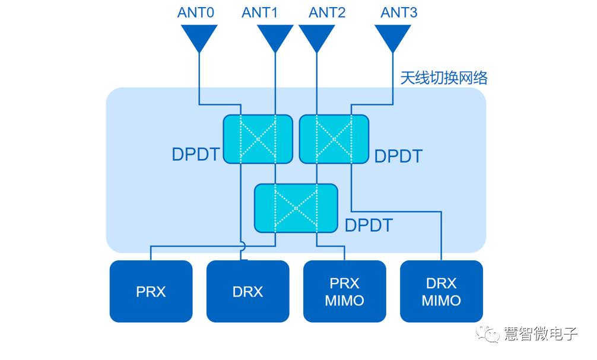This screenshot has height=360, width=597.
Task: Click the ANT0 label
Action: [x=195, y=12]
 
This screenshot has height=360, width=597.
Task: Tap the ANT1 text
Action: [x=260, y=12]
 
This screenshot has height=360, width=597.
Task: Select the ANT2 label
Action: [x=328, y=12]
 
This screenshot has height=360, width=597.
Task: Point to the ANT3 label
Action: [x=399, y=12]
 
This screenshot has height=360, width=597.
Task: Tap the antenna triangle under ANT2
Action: [x=317, y=37]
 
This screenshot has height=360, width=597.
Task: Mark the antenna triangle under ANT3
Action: [x=393, y=37]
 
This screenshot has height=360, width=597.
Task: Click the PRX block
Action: [x=151, y=291]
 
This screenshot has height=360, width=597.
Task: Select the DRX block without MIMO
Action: [x=247, y=291]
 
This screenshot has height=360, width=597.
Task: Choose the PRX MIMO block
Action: [x=345, y=291]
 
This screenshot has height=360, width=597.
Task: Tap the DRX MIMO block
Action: [x=442, y=291]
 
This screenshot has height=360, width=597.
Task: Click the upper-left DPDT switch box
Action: [x=258, y=139]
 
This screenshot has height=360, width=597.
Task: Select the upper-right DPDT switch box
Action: [x=334, y=139]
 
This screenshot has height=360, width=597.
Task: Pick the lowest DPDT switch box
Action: [x=296, y=208]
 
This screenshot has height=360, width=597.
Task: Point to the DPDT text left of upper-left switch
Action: [x=196, y=154]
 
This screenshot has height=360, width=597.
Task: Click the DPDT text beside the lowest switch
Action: [x=369, y=225]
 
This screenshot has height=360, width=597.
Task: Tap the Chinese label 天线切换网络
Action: [x=444, y=78]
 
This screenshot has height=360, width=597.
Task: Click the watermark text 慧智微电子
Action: [x=541, y=334]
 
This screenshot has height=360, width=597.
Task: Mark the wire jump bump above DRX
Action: [x=242, y=245]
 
